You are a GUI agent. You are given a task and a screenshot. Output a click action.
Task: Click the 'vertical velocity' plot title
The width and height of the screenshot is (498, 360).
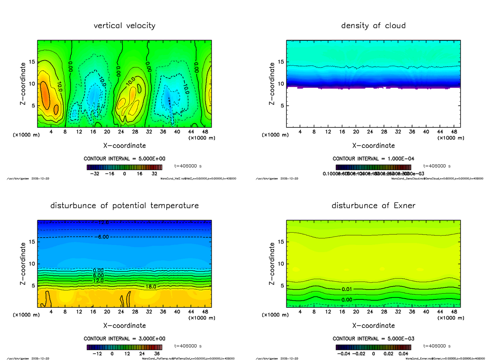pyautogui.click(x=124, y=26)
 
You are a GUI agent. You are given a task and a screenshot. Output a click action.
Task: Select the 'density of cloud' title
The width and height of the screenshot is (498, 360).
pyautogui.click(x=373, y=26)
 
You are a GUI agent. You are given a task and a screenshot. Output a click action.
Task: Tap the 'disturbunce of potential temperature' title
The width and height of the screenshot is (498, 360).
pyautogui.click(x=124, y=206)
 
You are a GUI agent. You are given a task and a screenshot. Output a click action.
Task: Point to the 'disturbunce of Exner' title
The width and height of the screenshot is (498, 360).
pyautogui.click(x=373, y=206)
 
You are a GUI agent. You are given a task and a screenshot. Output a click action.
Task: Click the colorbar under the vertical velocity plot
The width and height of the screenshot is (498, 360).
pyautogui.click(x=124, y=168)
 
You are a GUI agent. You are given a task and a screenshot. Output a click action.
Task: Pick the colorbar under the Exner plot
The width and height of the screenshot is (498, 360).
pyautogui.click(x=373, y=348)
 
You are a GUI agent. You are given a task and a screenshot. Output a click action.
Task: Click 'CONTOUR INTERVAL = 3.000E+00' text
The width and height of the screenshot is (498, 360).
pyautogui.click(x=124, y=338)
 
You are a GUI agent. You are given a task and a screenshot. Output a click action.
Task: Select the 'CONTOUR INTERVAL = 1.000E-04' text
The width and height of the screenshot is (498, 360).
pyautogui.click(x=373, y=159)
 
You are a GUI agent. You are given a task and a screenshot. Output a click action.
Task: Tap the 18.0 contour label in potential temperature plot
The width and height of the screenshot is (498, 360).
pyautogui.click(x=151, y=287)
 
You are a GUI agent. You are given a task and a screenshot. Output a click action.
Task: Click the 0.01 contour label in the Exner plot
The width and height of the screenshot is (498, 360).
pyautogui.click(x=347, y=289)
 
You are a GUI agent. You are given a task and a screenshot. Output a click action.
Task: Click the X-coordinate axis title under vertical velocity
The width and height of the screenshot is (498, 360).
pyautogui.click(x=124, y=146)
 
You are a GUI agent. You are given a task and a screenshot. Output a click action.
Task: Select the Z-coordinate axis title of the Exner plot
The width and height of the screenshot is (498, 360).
pyautogui.click(x=272, y=264)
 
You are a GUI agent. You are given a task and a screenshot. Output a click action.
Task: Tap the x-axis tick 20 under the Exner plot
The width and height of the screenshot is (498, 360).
pyautogui.click(x=356, y=312)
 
